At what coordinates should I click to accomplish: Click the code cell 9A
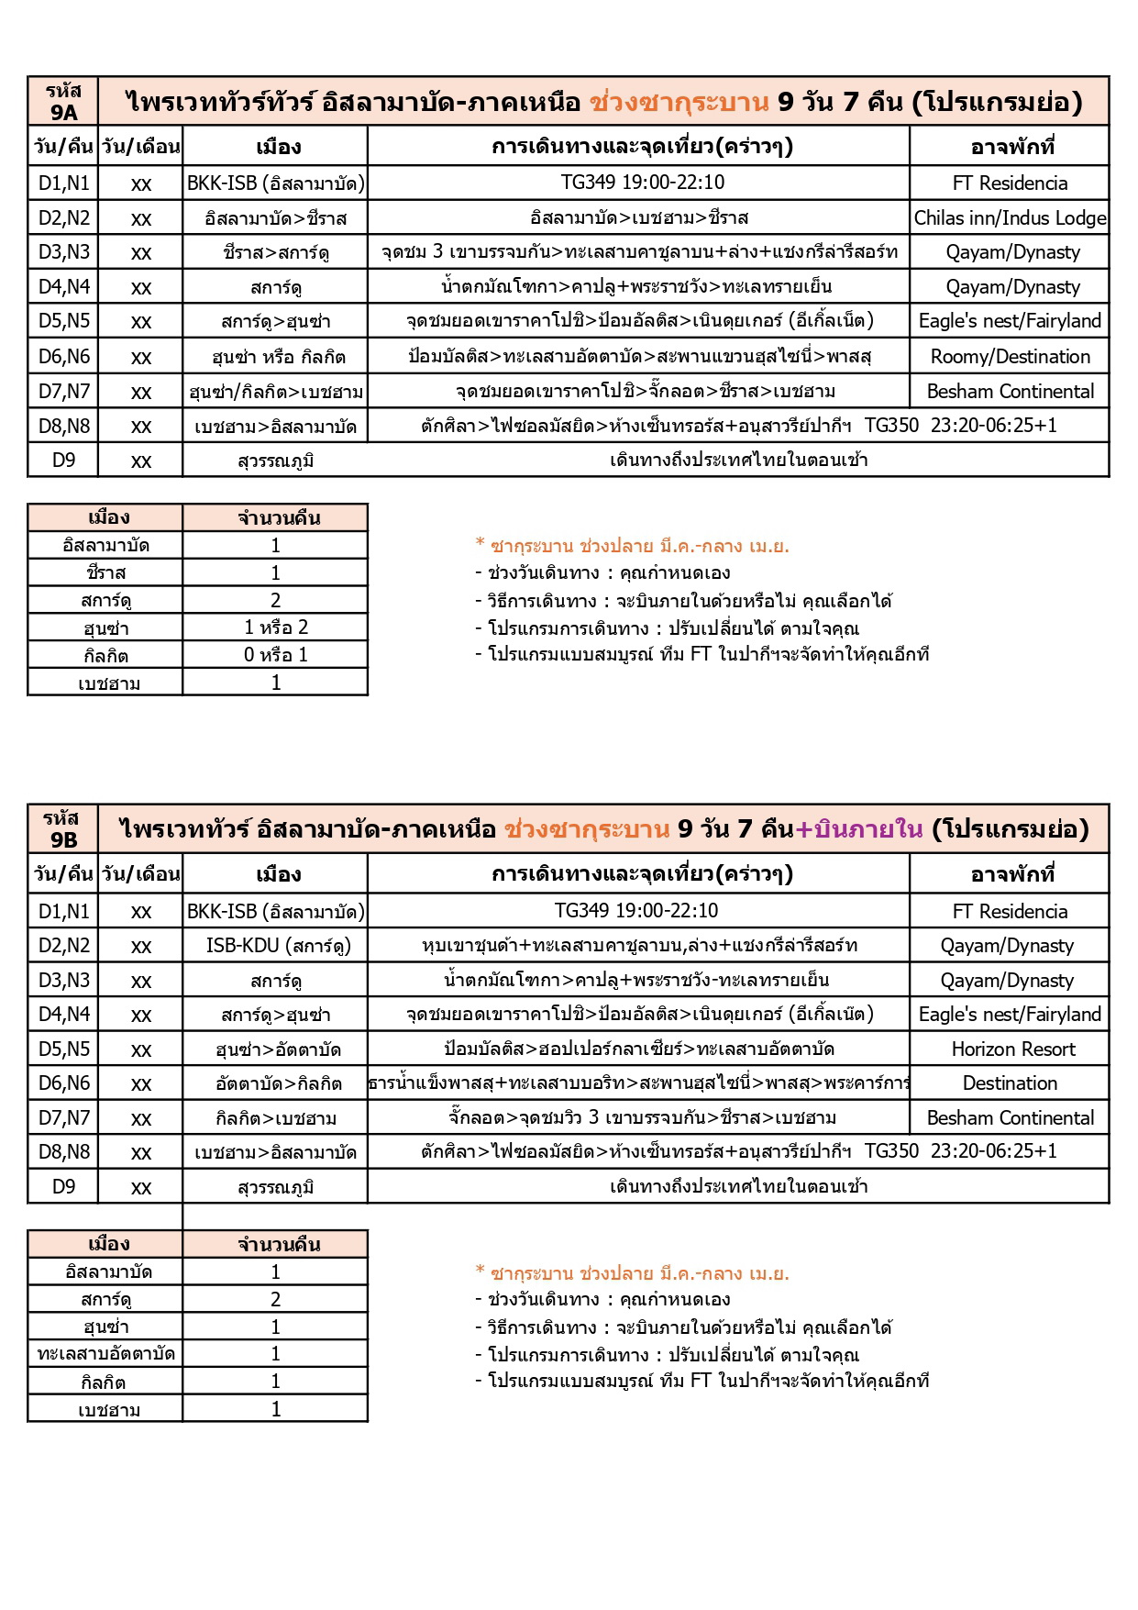click(63, 102)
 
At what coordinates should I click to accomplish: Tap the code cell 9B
click(63, 829)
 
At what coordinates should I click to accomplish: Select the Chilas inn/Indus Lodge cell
click(1010, 218)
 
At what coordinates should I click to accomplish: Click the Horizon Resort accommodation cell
click(1010, 1049)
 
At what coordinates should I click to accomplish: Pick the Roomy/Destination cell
click(1010, 357)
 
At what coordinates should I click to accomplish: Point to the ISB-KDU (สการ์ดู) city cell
click(276, 946)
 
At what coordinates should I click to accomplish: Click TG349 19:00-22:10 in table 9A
click(642, 183)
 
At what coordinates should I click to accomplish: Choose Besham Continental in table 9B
click(1010, 1118)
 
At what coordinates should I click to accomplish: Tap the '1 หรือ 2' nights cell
click(276, 628)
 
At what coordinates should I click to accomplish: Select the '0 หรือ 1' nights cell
click(276, 655)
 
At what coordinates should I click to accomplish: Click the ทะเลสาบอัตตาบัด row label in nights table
click(105, 1354)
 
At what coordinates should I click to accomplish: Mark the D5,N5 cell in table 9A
click(63, 321)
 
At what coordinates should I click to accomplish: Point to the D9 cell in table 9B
click(63, 1187)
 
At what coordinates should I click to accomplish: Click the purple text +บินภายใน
click(858, 829)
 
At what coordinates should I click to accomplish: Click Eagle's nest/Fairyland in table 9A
click(1010, 321)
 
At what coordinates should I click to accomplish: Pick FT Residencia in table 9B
click(1010, 912)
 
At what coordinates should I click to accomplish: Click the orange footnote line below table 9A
click(632, 547)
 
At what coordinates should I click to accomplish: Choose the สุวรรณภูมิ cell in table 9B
click(276, 1187)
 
